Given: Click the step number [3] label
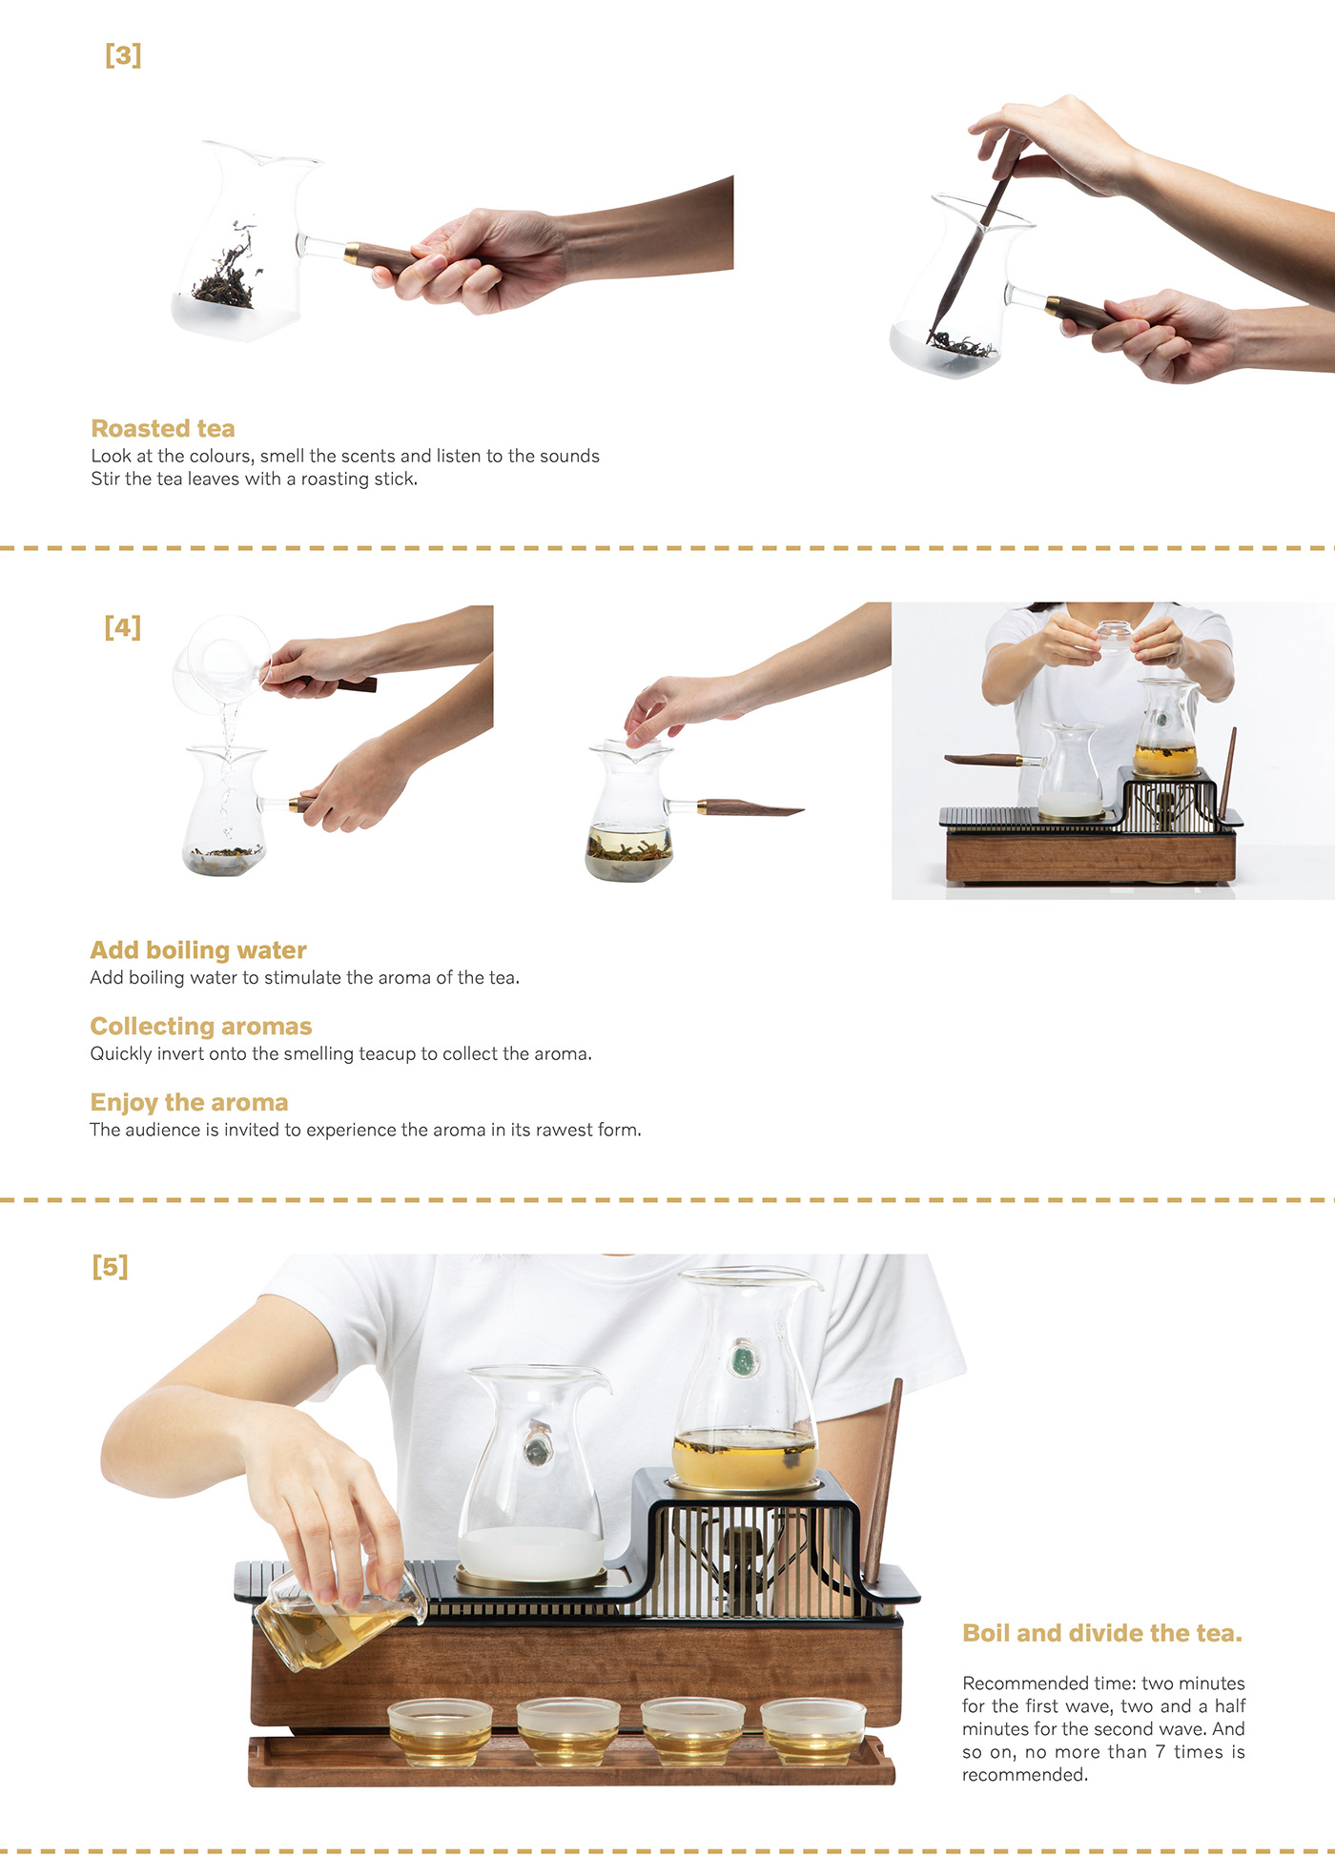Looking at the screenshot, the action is click(x=123, y=55).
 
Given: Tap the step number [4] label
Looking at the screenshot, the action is click(x=123, y=627).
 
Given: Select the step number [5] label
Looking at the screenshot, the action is click(x=111, y=1267).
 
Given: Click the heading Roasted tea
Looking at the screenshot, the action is click(x=163, y=428).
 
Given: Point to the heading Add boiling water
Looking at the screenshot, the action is click(x=198, y=950).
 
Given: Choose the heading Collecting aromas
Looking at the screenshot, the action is click(x=201, y=1026).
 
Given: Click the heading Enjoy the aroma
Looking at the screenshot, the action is click(x=189, y=1103).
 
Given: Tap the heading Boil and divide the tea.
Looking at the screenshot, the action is click(x=1102, y=1633).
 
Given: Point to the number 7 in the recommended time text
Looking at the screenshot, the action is click(x=1160, y=1752).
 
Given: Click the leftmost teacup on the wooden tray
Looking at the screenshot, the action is click(x=441, y=1731).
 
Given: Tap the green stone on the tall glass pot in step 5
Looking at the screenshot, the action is click(x=741, y=1359).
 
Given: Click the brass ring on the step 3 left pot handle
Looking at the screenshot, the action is click(x=351, y=254).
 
